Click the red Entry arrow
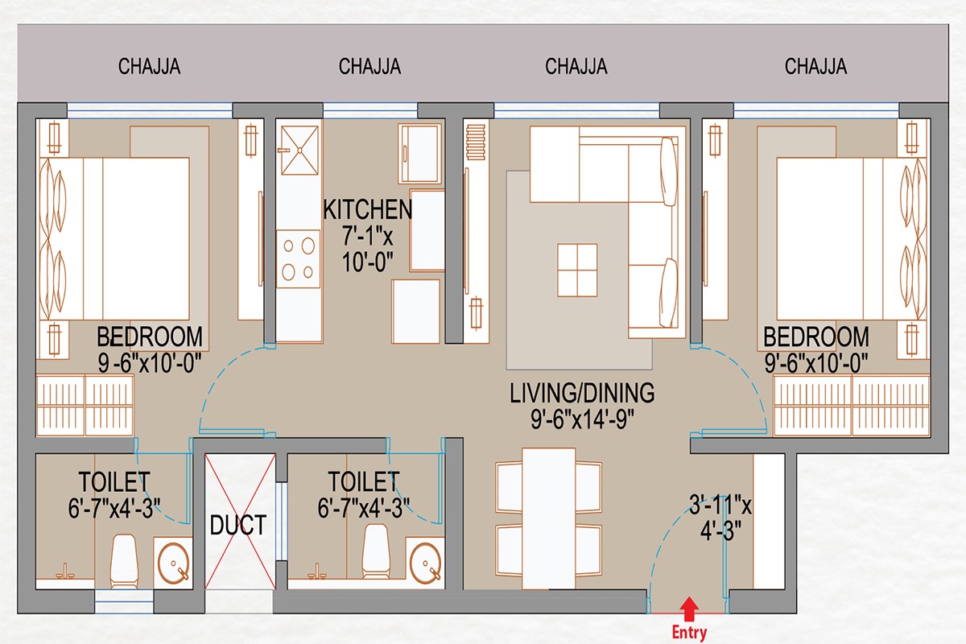tap(690, 609)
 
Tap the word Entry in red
tap(690, 633)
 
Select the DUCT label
tap(238, 525)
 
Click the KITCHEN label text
tap(367, 209)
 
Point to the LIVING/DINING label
tap(582, 393)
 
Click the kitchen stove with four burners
tap(299, 259)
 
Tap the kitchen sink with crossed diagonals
tap(299, 150)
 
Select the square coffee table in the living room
tap(577, 270)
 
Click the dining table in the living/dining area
tap(548, 518)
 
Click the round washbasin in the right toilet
tap(425, 563)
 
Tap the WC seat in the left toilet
tap(124, 561)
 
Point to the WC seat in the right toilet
tap(376, 551)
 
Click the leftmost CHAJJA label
tap(149, 67)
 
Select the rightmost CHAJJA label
tap(815, 67)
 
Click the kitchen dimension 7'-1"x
tap(367, 236)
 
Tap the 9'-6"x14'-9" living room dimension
tap(582, 419)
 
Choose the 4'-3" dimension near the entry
tap(720, 531)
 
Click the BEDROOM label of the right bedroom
tap(816, 336)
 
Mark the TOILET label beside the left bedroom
tap(114, 482)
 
